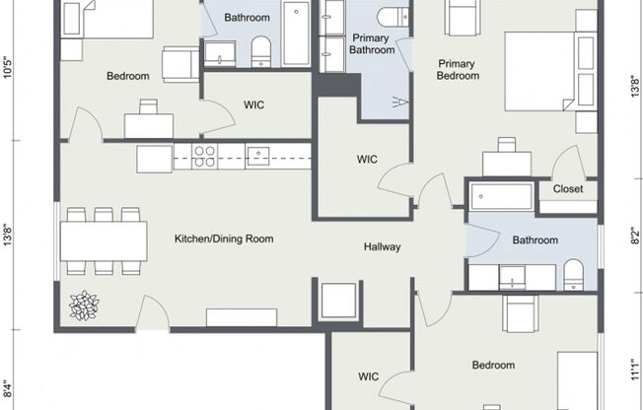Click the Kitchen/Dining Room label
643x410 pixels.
tap(224, 239)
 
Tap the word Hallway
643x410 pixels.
tap(382, 246)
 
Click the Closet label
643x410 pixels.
tap(567, 189)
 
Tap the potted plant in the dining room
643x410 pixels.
tap(84, 306)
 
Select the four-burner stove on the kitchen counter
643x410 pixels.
tap(204, 156)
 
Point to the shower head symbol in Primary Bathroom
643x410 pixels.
tap(399, 101)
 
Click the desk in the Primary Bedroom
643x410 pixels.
tap(507, 162)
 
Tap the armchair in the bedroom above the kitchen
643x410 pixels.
tap(180, 64)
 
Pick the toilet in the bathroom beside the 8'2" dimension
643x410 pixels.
tap(574, 276)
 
